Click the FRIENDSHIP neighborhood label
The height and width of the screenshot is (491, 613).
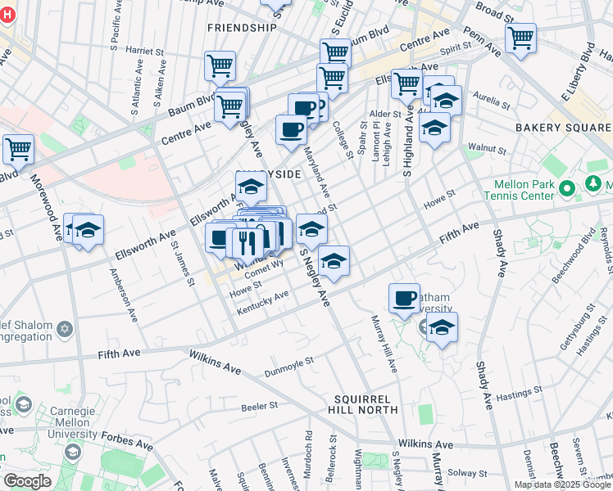coord(242,27)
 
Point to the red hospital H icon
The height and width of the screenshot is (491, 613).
coord(7,15)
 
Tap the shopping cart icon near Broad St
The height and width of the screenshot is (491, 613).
coord(520,37)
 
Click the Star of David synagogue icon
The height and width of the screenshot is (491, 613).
coord(65,329)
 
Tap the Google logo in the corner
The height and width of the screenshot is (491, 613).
coord(27,481)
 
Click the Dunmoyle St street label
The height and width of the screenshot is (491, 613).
coord(289,367)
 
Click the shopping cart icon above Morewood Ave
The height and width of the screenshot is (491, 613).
coord(18,149)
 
